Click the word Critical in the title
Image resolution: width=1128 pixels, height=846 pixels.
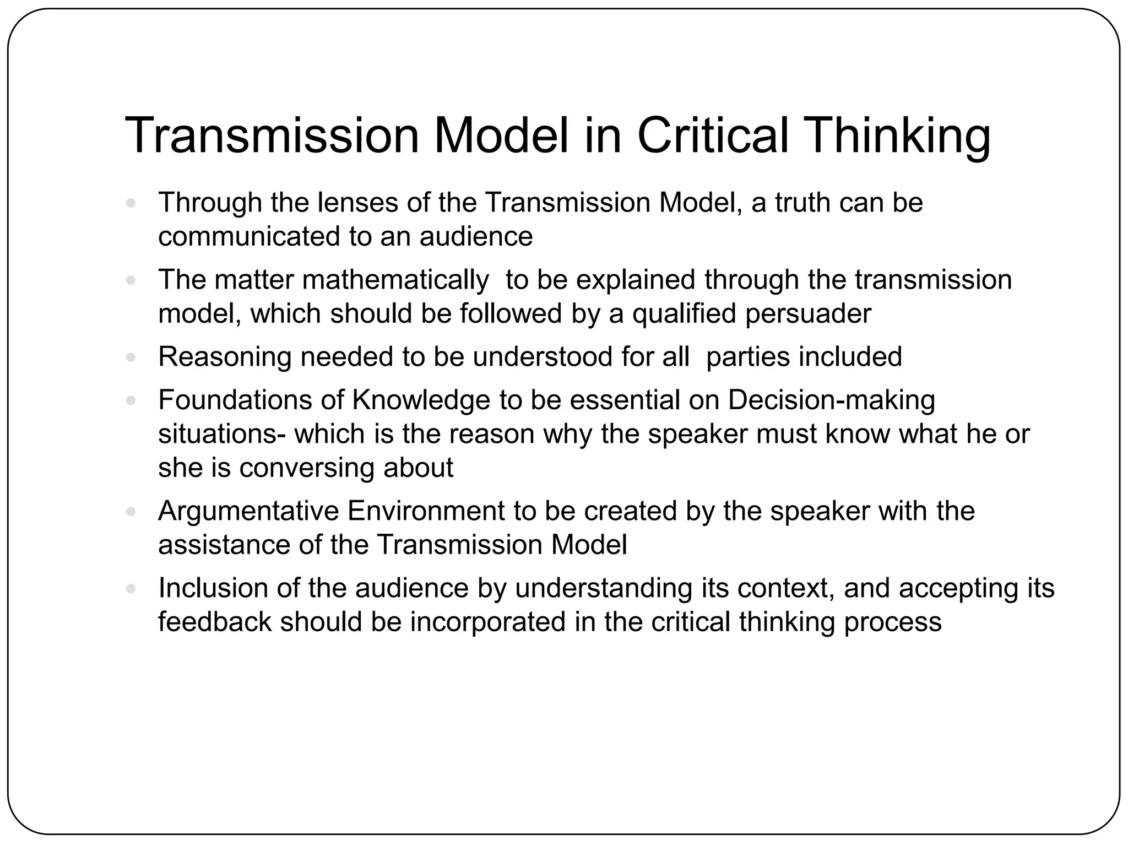click(713, 135)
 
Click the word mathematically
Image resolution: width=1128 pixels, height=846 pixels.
click(395, 280)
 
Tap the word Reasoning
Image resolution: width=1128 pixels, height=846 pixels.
click(224, 357)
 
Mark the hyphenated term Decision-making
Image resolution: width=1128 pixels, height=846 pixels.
click(831, 401)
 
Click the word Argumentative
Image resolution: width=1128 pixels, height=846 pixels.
click(248, 511)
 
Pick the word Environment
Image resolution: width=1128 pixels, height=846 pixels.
click(426, 511)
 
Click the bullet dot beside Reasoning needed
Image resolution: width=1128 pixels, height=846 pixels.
click(131, 357)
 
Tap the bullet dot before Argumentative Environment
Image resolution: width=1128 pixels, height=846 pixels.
click(131, 512)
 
